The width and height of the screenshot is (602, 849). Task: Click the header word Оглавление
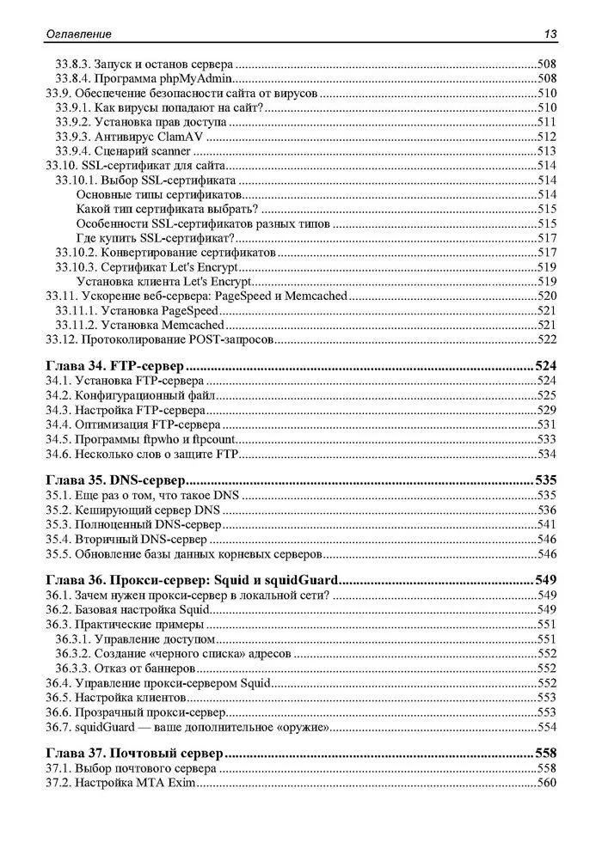click(77, 34)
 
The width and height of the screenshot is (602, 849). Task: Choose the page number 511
click(547, 122)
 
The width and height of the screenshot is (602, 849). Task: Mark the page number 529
click(547, 410)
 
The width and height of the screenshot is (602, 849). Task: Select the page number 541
click(547, 524)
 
